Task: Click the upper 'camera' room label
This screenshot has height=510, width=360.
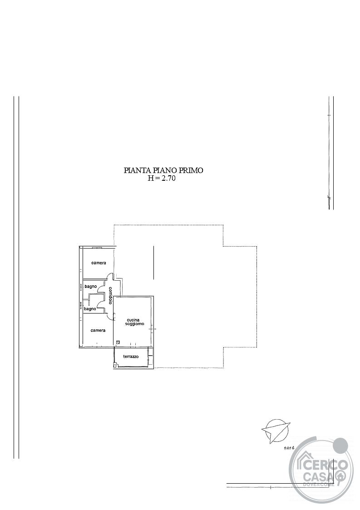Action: point(99,263)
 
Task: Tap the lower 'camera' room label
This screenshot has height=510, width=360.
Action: point(98,331)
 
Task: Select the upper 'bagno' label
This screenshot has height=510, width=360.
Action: point(91,287)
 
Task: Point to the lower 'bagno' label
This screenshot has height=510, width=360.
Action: point(90,309)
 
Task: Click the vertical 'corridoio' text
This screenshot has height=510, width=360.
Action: point(111,295)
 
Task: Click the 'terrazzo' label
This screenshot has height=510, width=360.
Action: point(131,357)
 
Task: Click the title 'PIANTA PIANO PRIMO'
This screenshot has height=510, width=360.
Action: point(163,170)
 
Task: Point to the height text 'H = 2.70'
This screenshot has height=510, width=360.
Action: point(162,178)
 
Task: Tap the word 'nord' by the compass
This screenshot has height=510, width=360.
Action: point(289,448)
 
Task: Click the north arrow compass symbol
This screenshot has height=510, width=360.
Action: point(276,431)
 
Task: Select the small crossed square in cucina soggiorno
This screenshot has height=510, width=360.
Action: point(118,342)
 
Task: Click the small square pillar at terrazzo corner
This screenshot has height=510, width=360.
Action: point(115,366)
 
